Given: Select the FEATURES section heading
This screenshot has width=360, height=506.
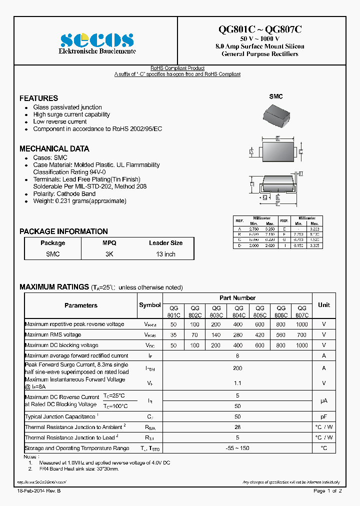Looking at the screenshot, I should (x=38, y=98).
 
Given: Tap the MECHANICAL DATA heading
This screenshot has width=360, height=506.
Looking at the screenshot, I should (x=54, y=148).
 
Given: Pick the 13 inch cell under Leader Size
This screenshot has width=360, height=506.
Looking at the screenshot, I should (x=165, y=254).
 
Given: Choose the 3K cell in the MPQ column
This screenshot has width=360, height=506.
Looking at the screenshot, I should (x=109, y=254).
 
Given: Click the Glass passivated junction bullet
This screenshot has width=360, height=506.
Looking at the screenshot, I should (x=67, y=107).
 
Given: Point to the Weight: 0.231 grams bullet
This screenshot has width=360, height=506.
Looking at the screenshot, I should (x=79, y=201).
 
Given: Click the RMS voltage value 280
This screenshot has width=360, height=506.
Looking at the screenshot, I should (x=238, y=335).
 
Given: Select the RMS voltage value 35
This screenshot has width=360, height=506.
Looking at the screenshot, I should (x=173, y=335).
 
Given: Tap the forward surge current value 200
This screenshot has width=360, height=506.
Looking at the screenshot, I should (x=237, y=368).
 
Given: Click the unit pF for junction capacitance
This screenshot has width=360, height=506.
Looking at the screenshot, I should (x=323, y=416).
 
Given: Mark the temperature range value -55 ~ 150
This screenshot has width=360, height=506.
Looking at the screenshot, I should (x=237, y=448).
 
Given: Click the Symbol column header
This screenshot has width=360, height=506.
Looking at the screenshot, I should (x=149, y=305).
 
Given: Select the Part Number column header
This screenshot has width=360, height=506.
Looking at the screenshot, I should (x=237, y=298).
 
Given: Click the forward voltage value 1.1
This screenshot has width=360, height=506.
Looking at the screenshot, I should (x=237, y=383).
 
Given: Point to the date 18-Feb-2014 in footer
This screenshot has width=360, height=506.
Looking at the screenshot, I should (x=39, y=491).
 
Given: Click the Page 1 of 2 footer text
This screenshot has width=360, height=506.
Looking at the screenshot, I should (x=327, y=491).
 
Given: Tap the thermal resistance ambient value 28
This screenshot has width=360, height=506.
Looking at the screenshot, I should (x=237, y=427).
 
